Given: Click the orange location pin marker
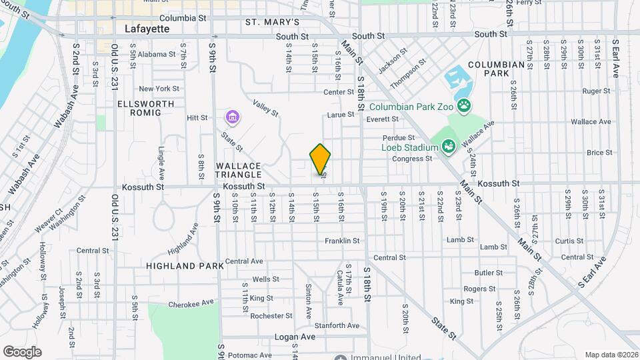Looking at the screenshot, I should (x=320, y=159).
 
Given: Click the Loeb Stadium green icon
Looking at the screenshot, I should (x=449, y=145).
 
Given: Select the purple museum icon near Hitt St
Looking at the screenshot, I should (x=232, y=118).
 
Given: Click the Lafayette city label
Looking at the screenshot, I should (x=147, y=29).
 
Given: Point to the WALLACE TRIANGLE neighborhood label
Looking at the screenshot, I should (x=238, y=169).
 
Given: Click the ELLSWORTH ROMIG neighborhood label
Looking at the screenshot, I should (x=146, y=108).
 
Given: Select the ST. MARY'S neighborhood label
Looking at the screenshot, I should (x=269, y=21).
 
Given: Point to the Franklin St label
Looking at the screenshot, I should (x=342, y=241).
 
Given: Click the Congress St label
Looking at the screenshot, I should (x=413, y=159).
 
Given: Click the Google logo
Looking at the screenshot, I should (x=22, y=351).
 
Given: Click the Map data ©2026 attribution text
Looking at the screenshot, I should (x=610, y=355).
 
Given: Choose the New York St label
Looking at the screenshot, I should (x=159, y=89).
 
